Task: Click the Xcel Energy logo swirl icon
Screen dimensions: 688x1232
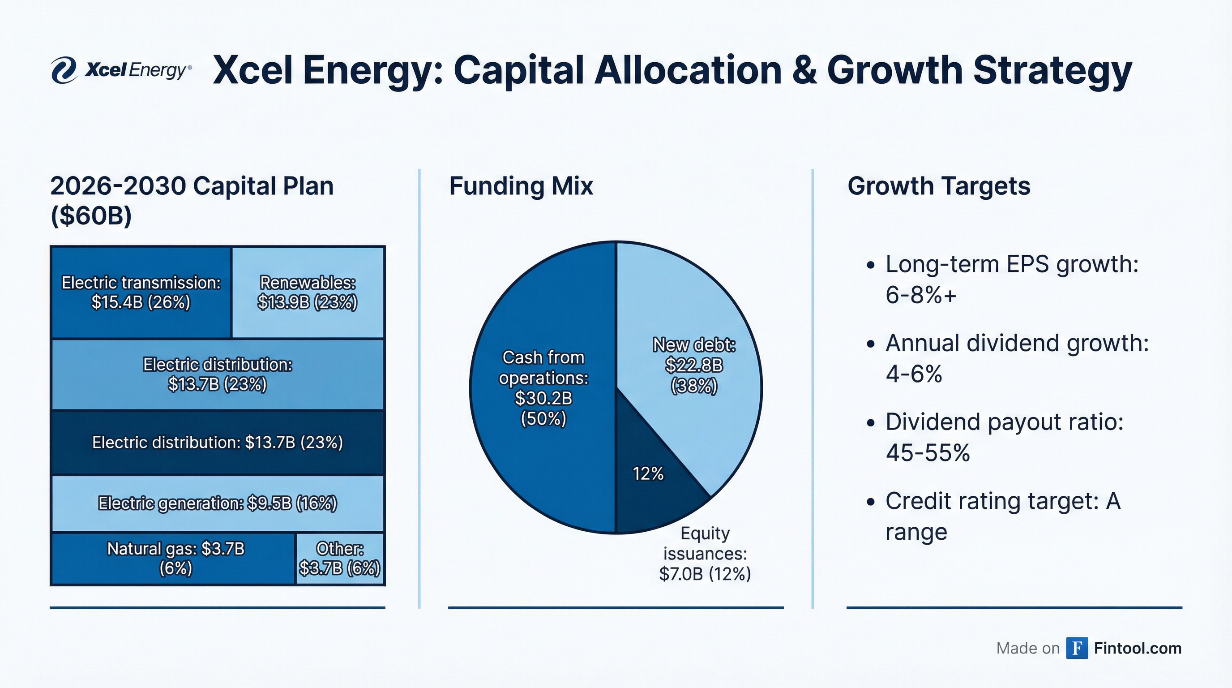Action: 64,70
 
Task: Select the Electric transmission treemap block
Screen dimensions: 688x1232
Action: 141,292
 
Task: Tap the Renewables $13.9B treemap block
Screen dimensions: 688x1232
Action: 308,292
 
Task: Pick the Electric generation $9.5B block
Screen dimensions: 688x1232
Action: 218,503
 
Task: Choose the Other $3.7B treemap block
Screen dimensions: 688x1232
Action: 340,559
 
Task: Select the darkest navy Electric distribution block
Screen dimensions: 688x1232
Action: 218,443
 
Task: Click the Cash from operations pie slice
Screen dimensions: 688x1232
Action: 543,387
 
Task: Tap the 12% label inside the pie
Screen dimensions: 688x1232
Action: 648,473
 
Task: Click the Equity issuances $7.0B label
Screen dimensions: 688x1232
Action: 705,554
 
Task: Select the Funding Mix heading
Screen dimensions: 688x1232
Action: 521,186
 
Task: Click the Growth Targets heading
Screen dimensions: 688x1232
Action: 938,186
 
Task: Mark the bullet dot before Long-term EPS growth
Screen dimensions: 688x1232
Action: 870,265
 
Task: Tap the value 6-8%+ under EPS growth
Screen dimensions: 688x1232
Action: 921,294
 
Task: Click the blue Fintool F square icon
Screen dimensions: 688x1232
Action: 1077,648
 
